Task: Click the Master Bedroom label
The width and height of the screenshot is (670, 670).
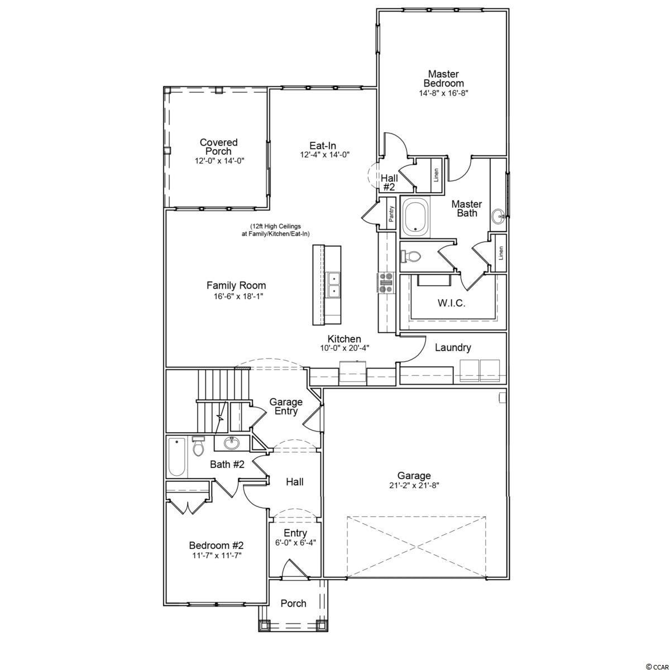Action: point(444,79)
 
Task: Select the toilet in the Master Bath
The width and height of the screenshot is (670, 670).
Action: point(410,257)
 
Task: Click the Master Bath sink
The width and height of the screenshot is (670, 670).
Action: point(499,217)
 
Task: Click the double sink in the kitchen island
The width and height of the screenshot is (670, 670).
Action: point(334,284)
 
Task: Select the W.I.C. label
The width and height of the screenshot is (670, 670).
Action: point(451,303)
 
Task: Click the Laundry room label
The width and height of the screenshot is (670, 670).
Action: point(453,348)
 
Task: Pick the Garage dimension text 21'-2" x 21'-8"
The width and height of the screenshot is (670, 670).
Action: point(414,485)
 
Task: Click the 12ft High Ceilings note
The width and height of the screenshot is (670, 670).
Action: point(275,230)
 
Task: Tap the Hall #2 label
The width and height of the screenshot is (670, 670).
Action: point(389,182)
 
